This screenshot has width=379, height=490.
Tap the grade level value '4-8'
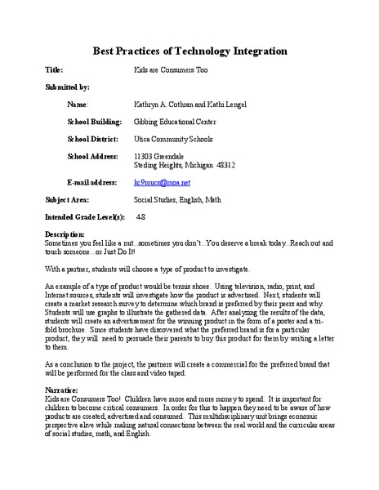[x=141, y=218]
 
